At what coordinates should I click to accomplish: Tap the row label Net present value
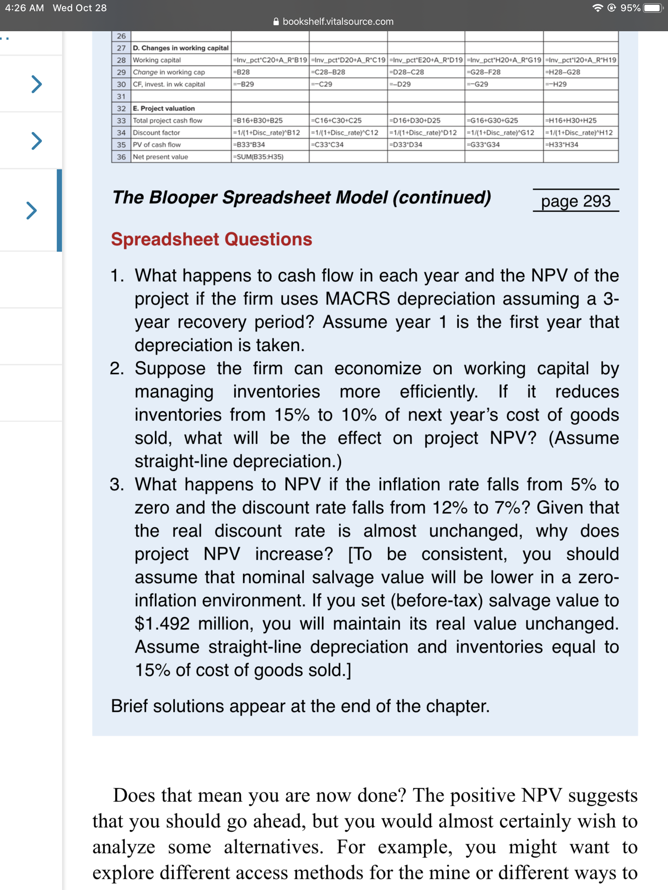[160, 157]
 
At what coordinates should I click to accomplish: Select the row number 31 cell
[121, 96]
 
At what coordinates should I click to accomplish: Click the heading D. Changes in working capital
[180, 48]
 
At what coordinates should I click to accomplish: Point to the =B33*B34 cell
[249, 145]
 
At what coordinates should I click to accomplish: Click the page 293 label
[575, 201]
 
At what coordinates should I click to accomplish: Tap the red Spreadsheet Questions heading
[211, 239]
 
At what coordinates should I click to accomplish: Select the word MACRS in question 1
[357, 299]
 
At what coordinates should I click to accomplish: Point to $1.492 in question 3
[162, 623]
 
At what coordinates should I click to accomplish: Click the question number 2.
[117, 369]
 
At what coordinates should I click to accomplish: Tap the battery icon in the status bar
[652, 8]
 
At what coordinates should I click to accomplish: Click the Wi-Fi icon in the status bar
[598, 8]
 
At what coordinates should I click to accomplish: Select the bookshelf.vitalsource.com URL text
[338, 22]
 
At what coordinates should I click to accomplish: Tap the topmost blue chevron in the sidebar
[36, 84]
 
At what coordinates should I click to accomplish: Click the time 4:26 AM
[24, 8]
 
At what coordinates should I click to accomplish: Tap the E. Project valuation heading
[163, 108]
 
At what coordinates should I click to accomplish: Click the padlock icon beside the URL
[276, 22]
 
